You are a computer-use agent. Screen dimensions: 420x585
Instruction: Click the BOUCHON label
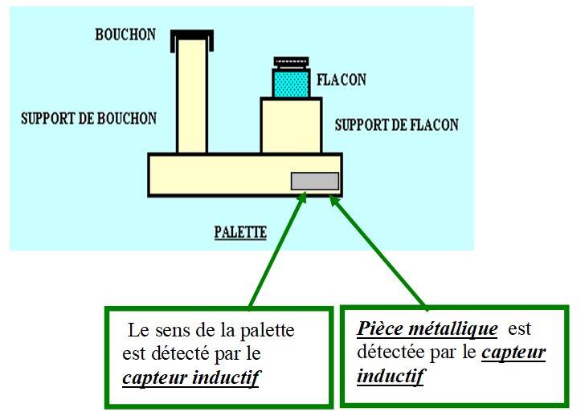pos(125,35)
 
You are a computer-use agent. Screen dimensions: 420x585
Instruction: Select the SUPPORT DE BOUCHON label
pos(88,119)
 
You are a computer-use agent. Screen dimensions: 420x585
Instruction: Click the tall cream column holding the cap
pos(191,96)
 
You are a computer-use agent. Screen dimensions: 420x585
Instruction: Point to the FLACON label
pos(341,80)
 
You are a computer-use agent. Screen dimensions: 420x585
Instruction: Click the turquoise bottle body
pos(290,84)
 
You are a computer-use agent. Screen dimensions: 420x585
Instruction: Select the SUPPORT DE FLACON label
pos(396,124)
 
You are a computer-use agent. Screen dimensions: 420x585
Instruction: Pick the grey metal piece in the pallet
pos(314,181)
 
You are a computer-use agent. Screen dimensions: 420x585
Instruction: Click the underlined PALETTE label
pos(240,233)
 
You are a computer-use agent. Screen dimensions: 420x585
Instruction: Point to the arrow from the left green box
pos(277,249)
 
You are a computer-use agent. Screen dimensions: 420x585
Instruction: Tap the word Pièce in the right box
pos(378,329)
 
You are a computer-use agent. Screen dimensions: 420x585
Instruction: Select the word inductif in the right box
pos(391,376)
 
